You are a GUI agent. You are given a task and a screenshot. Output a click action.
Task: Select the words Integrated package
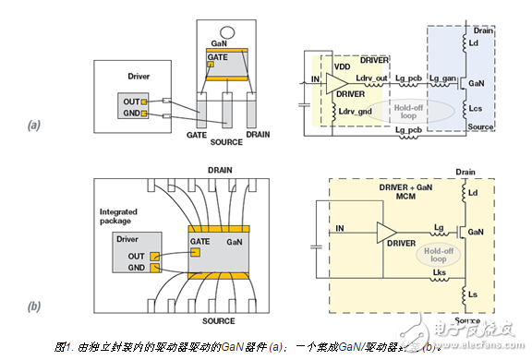click(x=119, y=217)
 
